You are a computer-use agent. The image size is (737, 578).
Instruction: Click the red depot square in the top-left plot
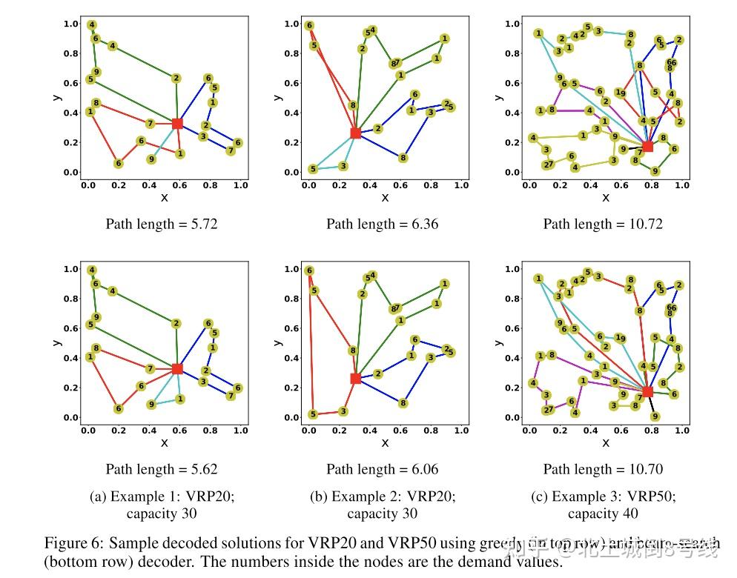pyautogui.click(x=177, y=123)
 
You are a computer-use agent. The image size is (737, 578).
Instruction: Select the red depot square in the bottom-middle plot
pyautogui.click(x=355, y=378)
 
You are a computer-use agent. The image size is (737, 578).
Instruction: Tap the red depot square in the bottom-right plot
pyautogui.click(x=647, y=391)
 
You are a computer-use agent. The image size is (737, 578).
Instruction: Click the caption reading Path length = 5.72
pyautogui.click(x=161, y=223)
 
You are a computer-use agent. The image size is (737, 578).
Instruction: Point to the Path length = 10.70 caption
pyautogui.click(x=603, y=468)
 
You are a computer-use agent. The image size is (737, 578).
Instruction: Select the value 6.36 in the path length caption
pyautogui.click(x=421, y=223)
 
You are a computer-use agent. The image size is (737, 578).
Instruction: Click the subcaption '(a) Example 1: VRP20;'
pyautogui.click(x=161, y=496)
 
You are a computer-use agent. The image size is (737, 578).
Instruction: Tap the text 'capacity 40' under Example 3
pyautogui.click(x=603, y=514)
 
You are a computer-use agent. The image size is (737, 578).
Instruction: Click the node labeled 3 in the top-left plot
pyautogui.click(x=202, y=136)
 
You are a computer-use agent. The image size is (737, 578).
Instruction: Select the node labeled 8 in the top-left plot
pyautogui.click(x=96, y=103)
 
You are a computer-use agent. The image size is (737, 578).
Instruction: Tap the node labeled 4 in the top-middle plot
pyautogui.click(x=373, y=30)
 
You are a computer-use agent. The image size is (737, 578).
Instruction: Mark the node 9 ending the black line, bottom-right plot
pyautogui.click(x=655, y=416)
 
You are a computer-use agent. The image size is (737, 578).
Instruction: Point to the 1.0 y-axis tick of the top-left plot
pyautogui.click(x=71, y=24)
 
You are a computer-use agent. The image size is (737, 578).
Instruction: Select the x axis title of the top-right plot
pyautogui.click(x=606, y=197)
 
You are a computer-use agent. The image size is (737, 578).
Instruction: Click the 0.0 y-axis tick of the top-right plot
pyautogui.click(x=513, y=173)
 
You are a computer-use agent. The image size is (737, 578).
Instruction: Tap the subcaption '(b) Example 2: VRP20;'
pyautogui.click(x=383, y=496)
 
